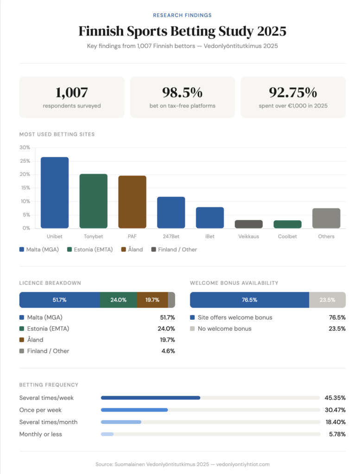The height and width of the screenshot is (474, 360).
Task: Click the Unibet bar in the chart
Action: coord(55,193)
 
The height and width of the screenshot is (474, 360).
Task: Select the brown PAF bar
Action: coord(132,202)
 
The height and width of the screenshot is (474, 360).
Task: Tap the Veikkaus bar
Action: coord(249,224)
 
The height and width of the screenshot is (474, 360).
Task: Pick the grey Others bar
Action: coord(326,218)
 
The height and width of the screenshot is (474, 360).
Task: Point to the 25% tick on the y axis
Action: coord(25,161)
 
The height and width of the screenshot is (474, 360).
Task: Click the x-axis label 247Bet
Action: coord(171,236)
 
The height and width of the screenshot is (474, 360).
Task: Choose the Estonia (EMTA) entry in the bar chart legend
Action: coord(90,249)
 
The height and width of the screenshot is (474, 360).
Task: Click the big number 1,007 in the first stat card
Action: coord(71,93)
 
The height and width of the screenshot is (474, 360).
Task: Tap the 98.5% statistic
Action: coord(182,93)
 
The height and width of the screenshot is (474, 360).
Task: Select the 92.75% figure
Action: coord(293,93)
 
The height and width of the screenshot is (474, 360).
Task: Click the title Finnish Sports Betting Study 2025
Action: coord(182,31)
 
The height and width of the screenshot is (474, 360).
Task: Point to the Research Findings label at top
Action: coord(182,15)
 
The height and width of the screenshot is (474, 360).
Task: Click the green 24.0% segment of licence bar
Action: coord(118,300)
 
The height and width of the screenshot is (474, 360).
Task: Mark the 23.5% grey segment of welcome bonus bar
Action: coord(327,300)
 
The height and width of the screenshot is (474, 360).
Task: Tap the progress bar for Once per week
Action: coord(134,410)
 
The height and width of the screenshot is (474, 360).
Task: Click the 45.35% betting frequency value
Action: coord(335,398)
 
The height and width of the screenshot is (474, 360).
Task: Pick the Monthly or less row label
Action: coord(40,434)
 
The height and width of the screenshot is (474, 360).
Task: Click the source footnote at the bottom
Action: coord(182,464)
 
